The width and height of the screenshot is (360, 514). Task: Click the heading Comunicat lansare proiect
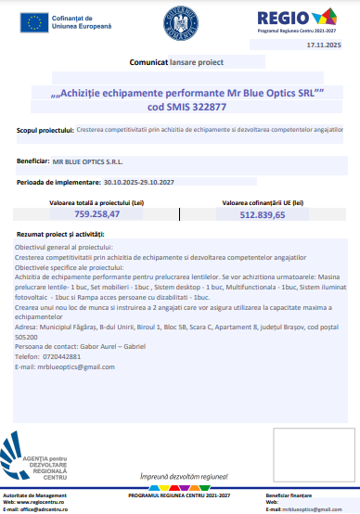171,62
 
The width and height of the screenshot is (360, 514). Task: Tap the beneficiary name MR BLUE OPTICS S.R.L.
87,161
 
